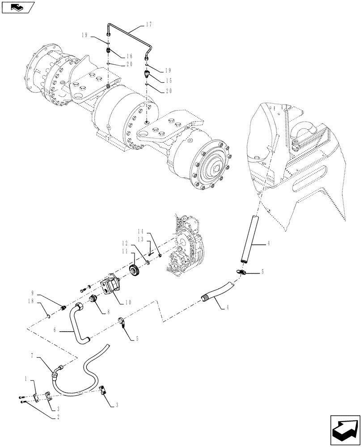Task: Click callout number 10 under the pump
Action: coord(128,302)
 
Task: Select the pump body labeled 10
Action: coord(112,286)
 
